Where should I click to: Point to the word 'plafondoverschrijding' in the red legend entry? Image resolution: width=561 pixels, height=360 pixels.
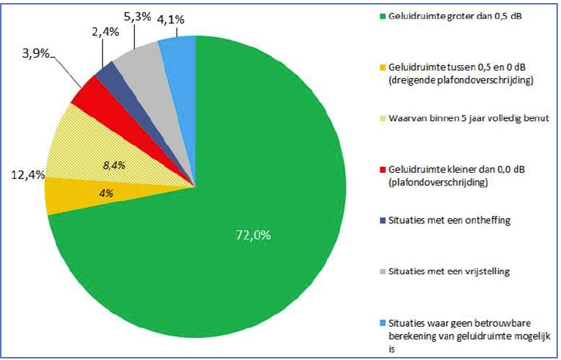click(437, 183)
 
